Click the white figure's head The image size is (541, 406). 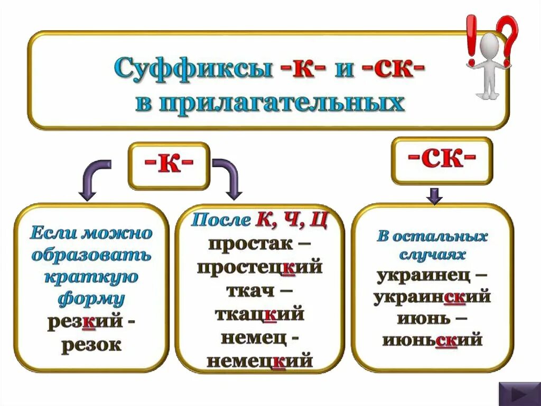490,42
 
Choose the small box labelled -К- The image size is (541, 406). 169,166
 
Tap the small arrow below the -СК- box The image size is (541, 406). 434,195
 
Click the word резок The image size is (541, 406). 91,345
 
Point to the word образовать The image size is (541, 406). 91,255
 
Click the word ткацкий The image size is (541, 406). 259,314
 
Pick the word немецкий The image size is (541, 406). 259,361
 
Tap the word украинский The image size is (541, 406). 432,297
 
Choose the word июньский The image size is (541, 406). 432,339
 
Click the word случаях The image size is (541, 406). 432,255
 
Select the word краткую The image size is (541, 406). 91,277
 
